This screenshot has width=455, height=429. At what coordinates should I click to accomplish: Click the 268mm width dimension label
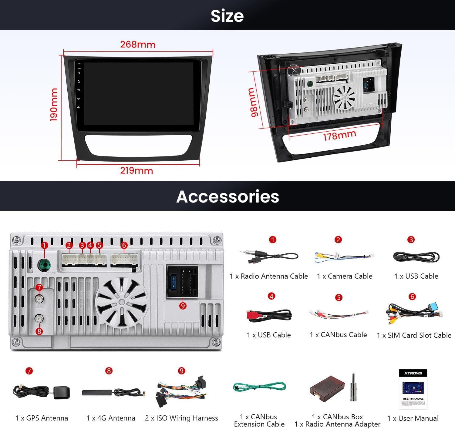point(138,45)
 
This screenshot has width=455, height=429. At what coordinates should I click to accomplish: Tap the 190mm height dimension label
point(54,105)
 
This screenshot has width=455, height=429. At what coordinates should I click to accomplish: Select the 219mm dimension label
point(136,170)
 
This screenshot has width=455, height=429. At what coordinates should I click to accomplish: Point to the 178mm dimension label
point(339,135)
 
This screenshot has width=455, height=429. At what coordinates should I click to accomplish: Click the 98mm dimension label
point(253,102)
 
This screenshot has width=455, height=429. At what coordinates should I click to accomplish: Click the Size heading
point(227,16)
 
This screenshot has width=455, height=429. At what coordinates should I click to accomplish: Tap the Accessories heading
point(227,196)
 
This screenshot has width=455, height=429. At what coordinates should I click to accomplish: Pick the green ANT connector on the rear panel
point(44,265)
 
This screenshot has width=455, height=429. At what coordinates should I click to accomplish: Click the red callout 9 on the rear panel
point(183,306)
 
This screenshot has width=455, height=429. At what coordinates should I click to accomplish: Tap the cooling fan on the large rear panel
point(121,302)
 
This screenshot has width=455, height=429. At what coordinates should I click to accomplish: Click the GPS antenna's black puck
point(62,393)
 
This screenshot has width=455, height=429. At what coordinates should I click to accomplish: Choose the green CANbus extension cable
point(259,387)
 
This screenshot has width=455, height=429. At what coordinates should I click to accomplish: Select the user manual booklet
point(413,389)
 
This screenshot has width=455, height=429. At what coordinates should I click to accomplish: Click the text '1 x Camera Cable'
point(345,276)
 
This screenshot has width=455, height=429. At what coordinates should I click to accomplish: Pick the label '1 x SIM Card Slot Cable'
point(414,335)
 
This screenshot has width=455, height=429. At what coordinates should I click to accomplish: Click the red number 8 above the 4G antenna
point(109,371)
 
